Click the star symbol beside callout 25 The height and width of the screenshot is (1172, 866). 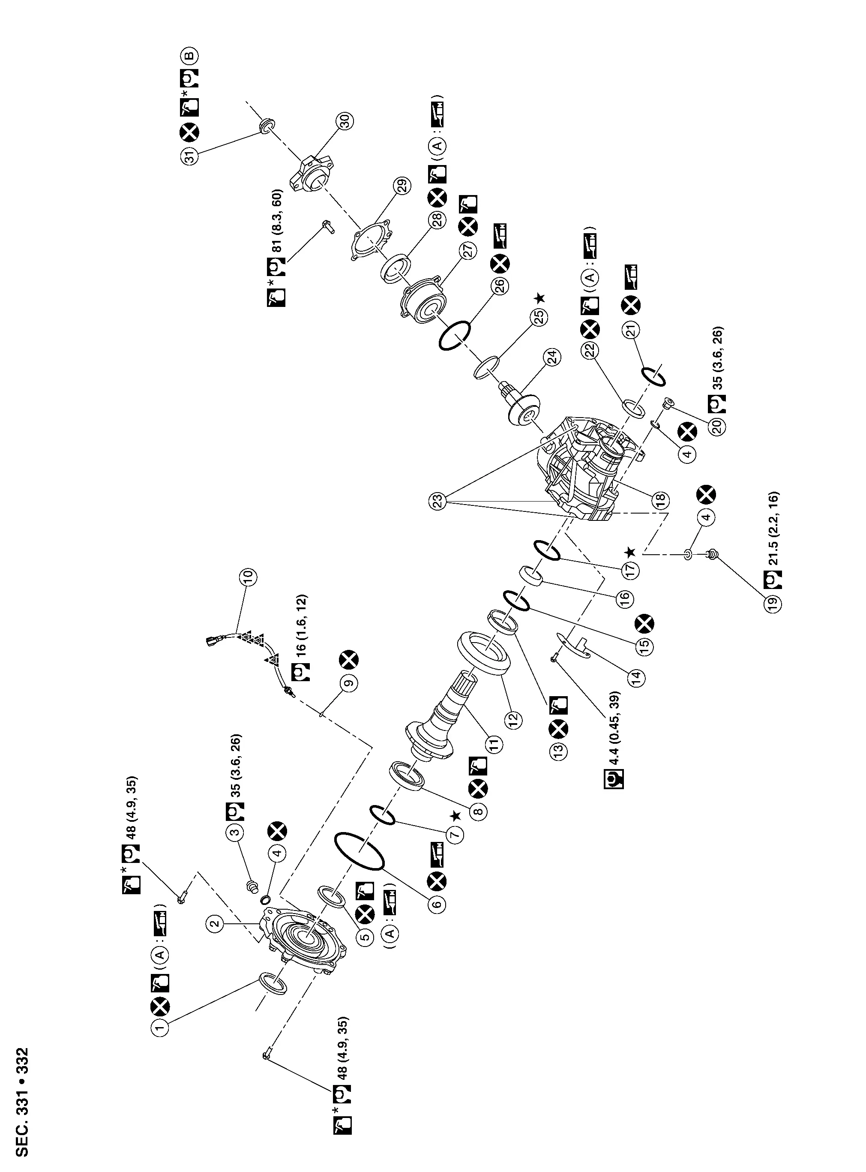539,298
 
